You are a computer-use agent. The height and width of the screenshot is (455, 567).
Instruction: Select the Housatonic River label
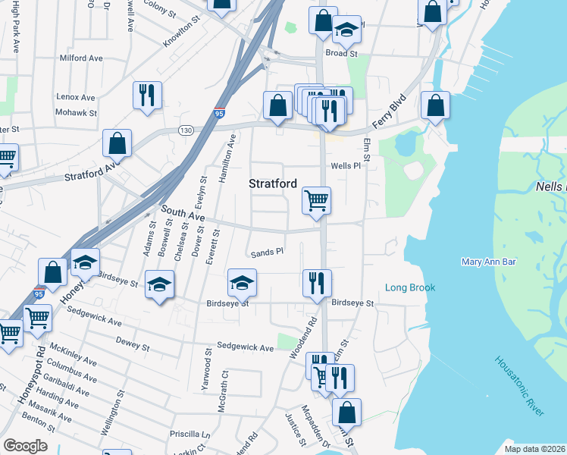pos(520,386)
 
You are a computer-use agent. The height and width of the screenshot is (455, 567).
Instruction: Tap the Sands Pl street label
pos(268,251)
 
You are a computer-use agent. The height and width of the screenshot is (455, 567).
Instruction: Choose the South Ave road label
pos(182,215)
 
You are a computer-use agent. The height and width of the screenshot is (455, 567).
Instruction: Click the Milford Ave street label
pos(80,58)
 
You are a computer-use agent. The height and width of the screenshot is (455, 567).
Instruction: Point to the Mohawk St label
pos(77,113)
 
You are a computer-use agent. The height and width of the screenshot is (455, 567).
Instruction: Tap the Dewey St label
pos(133,344)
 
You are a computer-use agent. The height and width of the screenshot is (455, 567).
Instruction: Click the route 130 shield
pos(185,130)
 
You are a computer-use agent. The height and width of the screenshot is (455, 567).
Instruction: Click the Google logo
pos(25,446)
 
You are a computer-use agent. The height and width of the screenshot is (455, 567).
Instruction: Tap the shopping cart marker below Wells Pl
pos(316,201)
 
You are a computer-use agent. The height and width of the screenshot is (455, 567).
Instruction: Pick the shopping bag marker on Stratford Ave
pos(117,143)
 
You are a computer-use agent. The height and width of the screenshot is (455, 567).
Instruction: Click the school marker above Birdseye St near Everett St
pos(242,284)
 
